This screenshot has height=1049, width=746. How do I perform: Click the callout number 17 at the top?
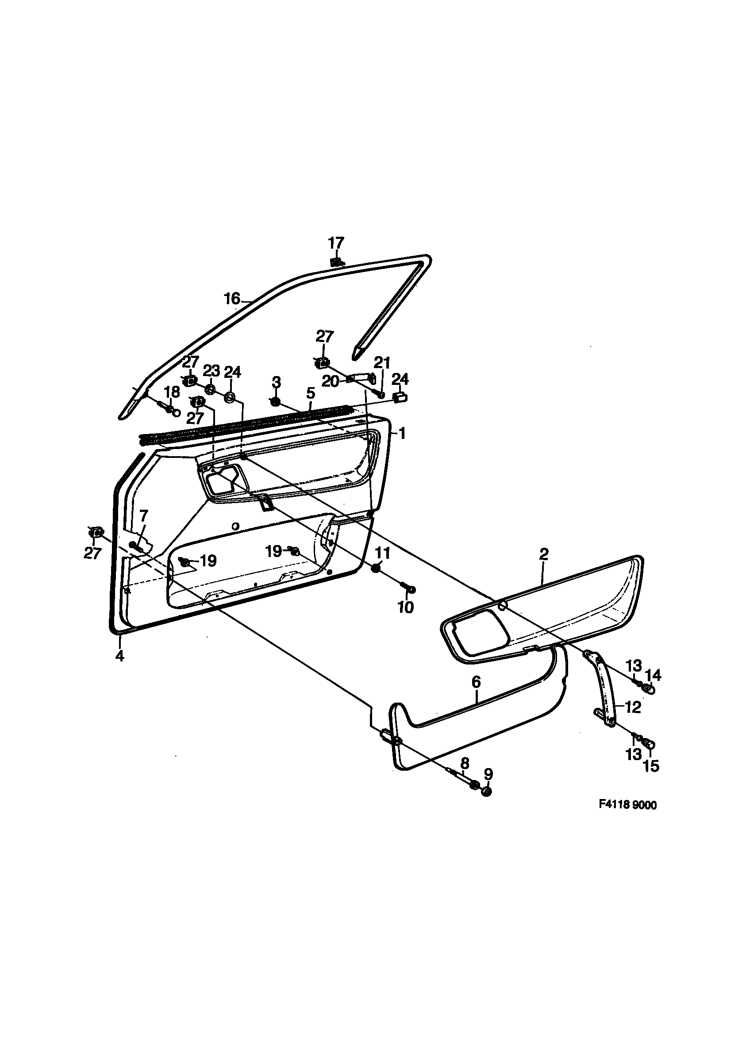[x=336, y=242]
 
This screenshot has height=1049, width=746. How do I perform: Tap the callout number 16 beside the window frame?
[x=232, y=299]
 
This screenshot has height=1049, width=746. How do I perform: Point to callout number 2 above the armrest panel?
[x=544, y=553]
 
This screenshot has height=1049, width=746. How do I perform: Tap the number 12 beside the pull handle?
[x=633, y=707]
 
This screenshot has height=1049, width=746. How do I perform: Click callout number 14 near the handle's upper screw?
[x=653, y=675]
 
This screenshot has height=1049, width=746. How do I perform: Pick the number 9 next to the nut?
[x=488, y=774]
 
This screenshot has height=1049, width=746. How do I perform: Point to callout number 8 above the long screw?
[x=465, y=763]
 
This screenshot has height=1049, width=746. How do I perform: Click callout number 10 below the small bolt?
[x=406, y=607]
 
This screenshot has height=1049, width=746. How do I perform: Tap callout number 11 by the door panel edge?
[x=383, y=553]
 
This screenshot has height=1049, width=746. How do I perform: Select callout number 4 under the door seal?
[x=119, y=655]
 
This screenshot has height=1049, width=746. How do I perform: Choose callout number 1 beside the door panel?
[x=401, y=433]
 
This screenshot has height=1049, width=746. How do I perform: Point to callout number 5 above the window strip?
[x=311, y=393]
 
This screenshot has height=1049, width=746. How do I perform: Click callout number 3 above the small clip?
[x=276, y=382]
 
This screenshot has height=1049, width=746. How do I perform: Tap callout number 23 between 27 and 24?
[x=211, y=371]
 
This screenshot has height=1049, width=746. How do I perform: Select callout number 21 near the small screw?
[x=381, y=363]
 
